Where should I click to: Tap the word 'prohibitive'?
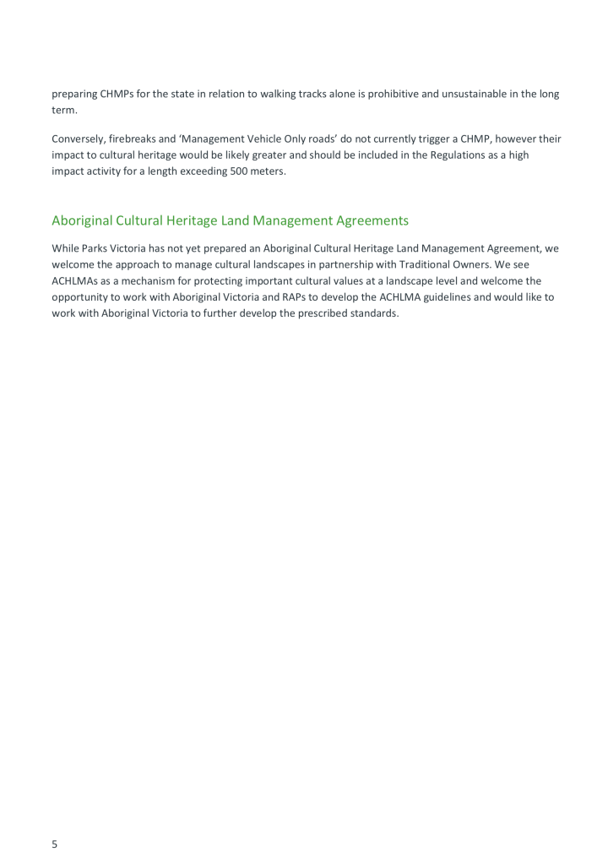pos(388,94)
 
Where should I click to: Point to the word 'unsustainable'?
pos(480,94)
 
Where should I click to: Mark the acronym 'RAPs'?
pos(276,296)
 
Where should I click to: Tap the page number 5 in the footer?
pos(55,844)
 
